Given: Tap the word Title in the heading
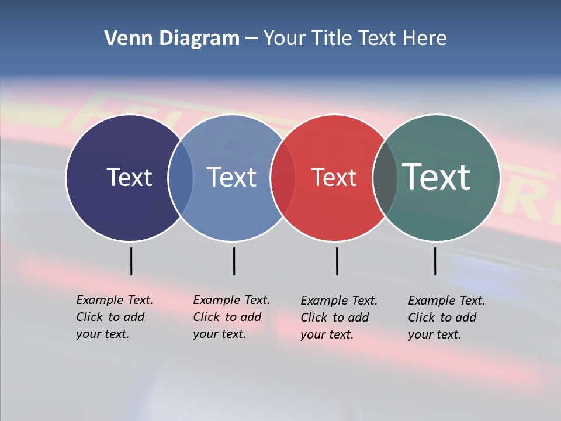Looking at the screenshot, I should tap(333, 39).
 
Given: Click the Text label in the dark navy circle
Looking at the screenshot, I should tap(129, 177).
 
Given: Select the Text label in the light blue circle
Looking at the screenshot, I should tap(231, 177).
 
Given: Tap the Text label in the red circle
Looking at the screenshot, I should tap(334, 177).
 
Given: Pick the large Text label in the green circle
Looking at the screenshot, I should tap(436, 177).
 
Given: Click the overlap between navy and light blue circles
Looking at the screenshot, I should tap(181, 177).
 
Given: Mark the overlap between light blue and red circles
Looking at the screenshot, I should tap(283, 177).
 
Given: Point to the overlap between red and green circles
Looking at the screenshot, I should tap(385, 177).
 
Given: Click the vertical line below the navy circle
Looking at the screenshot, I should tap(131, 261).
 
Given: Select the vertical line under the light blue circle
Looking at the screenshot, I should tap(234, 261).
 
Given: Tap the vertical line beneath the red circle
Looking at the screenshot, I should tap(337, 261).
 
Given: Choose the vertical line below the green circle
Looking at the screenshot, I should tap(435, 261).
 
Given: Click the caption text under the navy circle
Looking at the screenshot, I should tap(114, 317).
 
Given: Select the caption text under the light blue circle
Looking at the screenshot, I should tap(231, 317).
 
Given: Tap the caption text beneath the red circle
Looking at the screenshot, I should tap(338, 318).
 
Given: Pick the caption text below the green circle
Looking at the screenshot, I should tap(446, 318).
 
